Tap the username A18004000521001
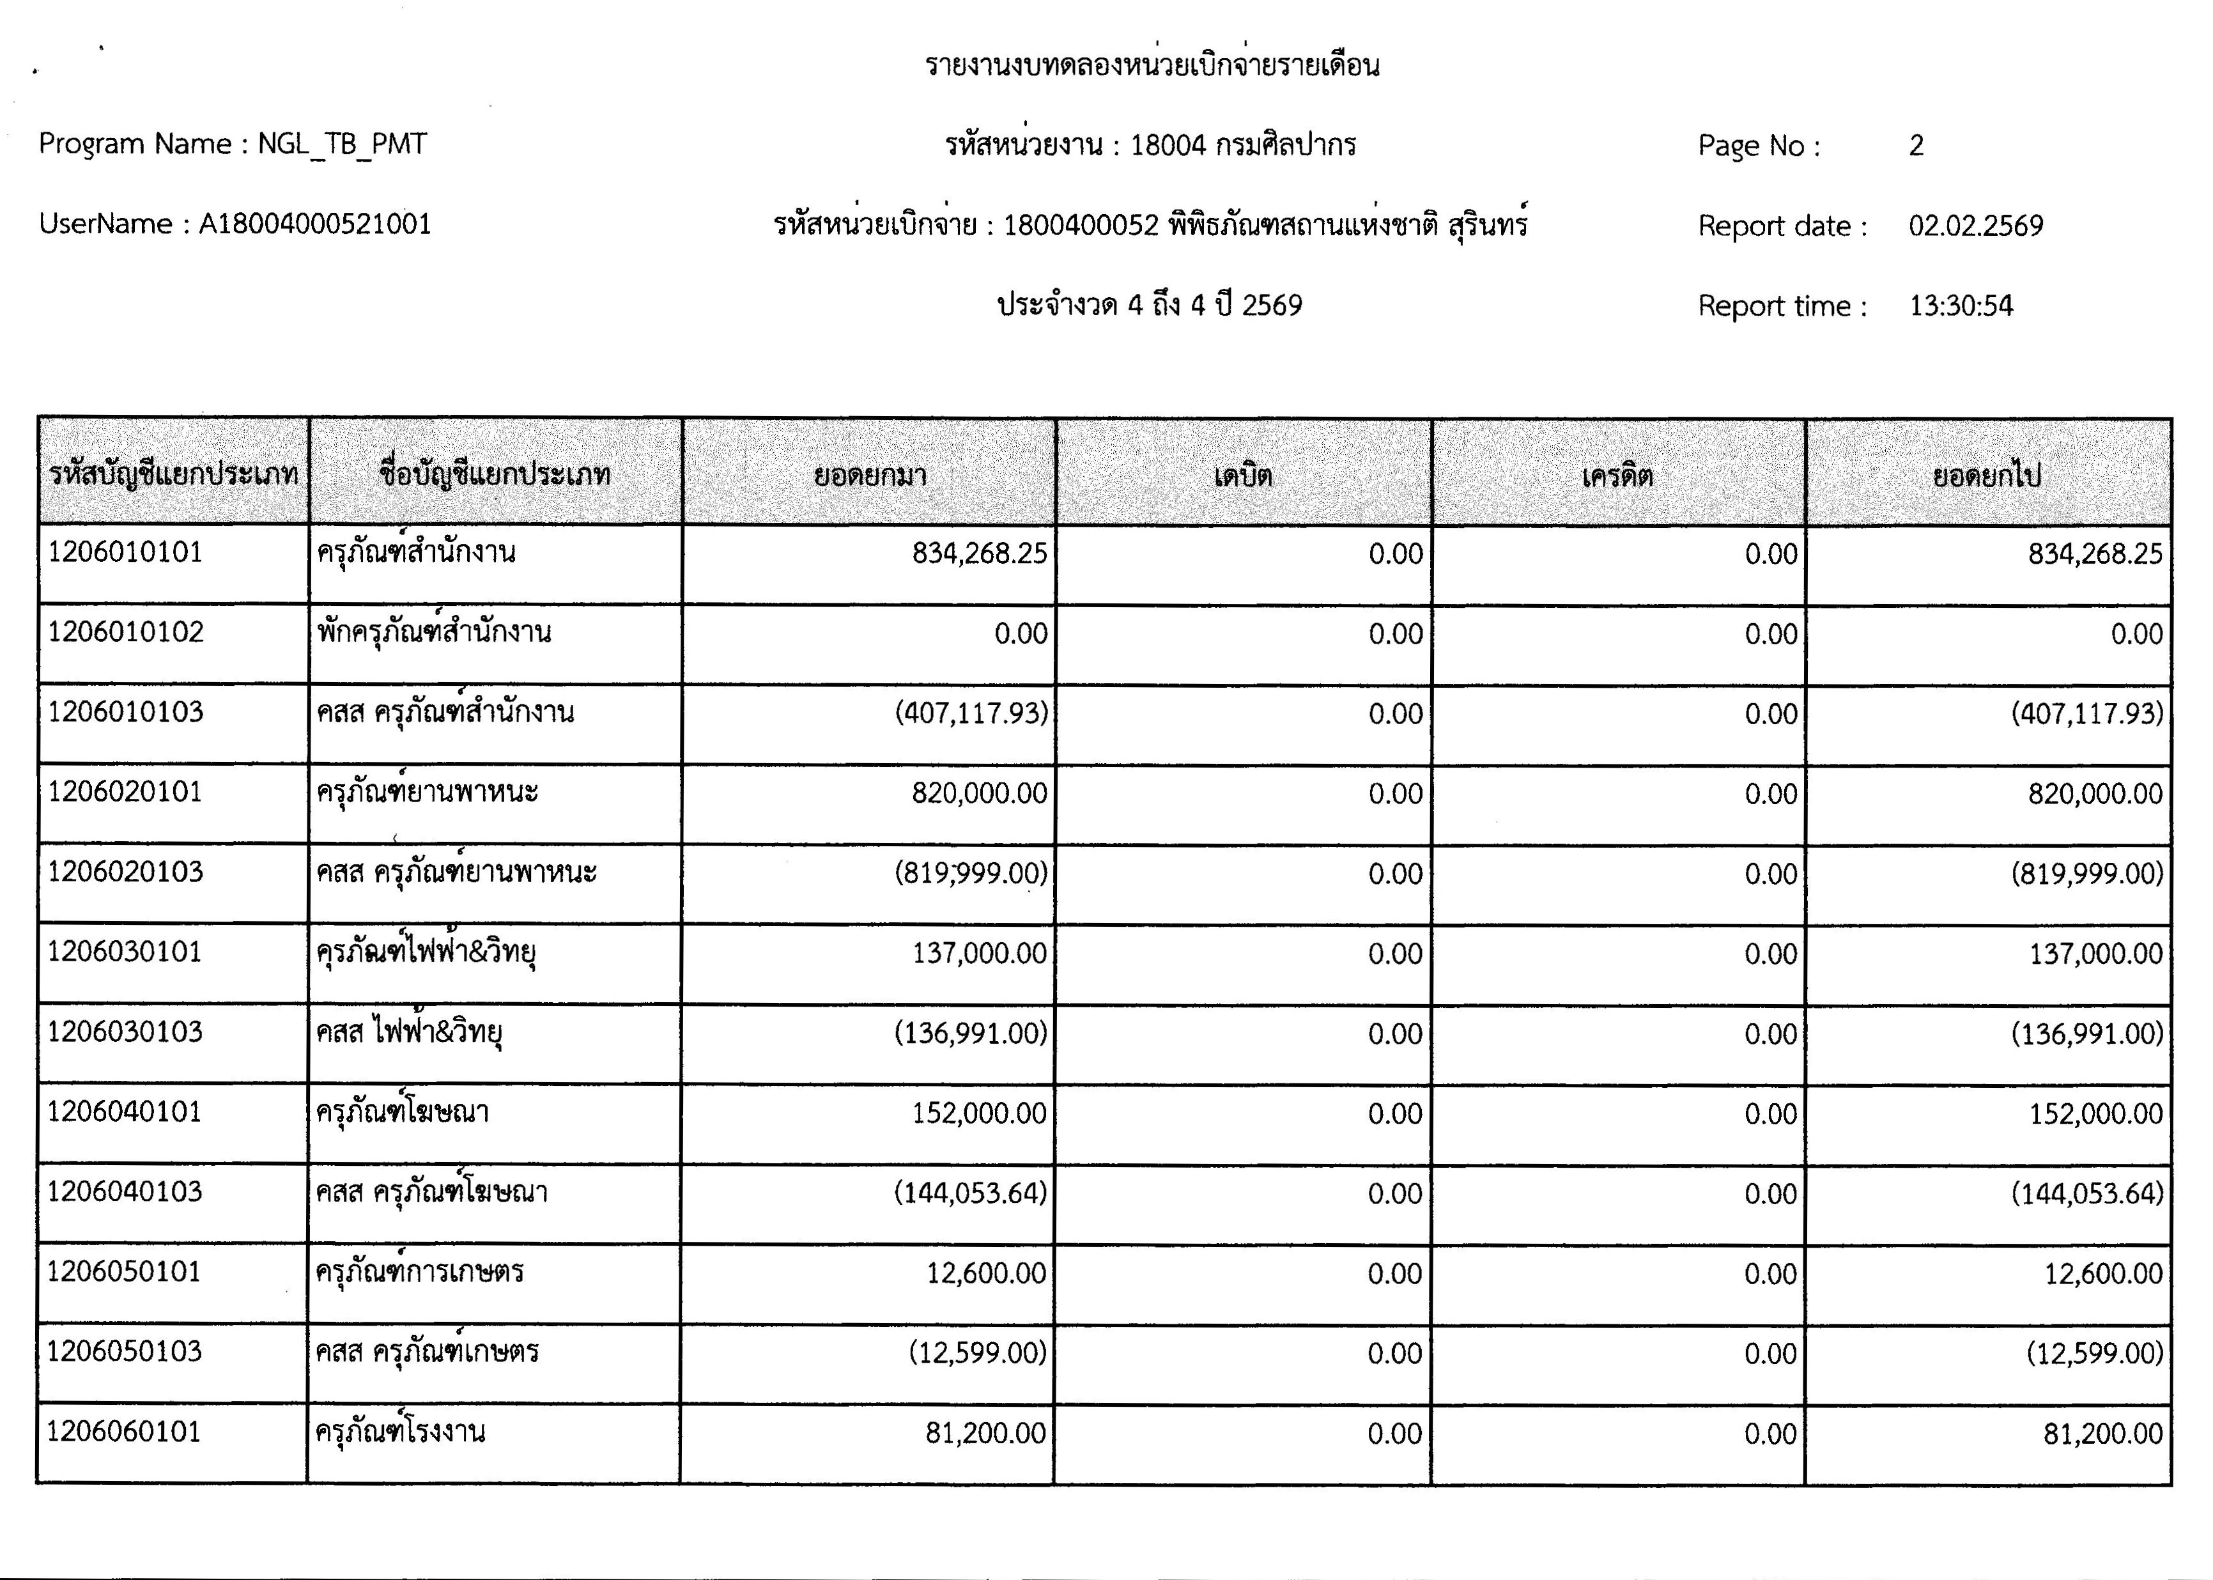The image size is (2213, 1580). point(314,225)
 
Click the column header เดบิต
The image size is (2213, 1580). point(1242,476)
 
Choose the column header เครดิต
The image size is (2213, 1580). point(1617,476)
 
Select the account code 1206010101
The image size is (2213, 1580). point(125,553)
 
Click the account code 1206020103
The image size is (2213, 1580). point(125,872)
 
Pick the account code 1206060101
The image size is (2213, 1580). point(123,1431)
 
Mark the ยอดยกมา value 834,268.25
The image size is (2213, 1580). point(978,554)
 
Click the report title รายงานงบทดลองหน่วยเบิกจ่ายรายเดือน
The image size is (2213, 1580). point(1152,66)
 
